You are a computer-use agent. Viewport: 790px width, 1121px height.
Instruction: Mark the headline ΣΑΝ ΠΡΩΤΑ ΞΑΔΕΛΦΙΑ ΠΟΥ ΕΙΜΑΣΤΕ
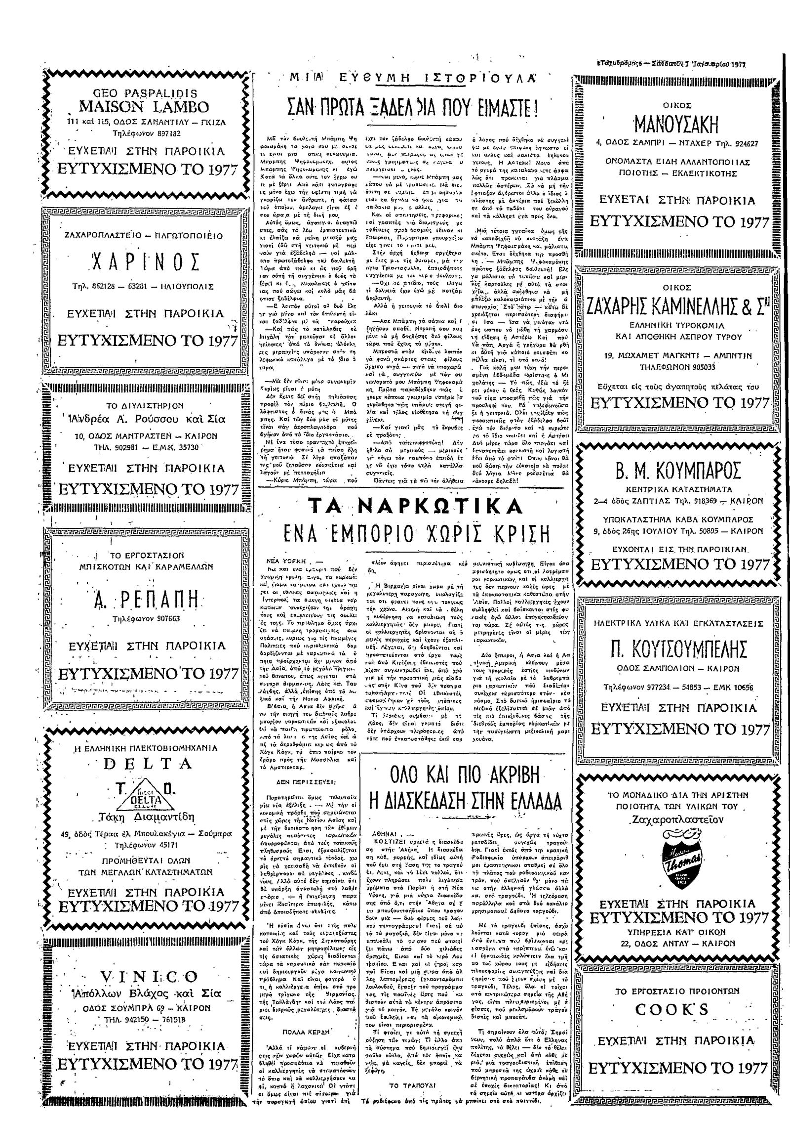point(414,106)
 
